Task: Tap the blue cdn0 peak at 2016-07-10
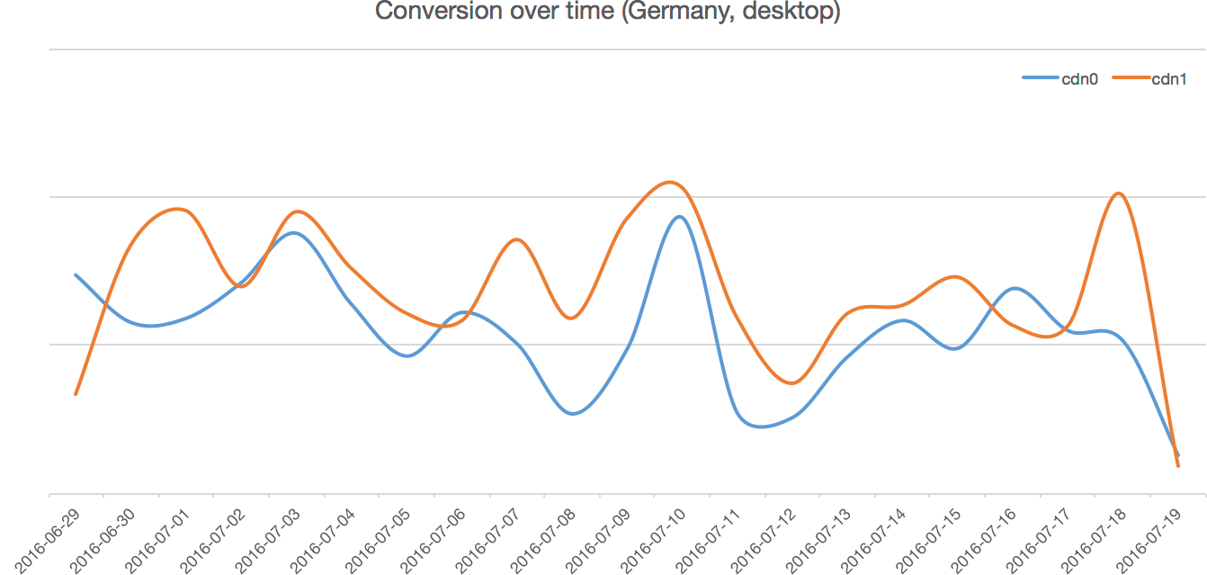click(x=679, y=217)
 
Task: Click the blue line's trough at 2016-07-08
click(x=573, y=414)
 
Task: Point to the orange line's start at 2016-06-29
click(x=76, y=394)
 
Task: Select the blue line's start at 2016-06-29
click(x=76, y=274)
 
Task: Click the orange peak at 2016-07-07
click(x=515, y=239)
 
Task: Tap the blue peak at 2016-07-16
click(x=1014, y=289)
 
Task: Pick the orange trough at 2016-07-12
click(x=791, y=383)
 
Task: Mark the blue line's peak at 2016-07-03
click(x=293, y=233)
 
